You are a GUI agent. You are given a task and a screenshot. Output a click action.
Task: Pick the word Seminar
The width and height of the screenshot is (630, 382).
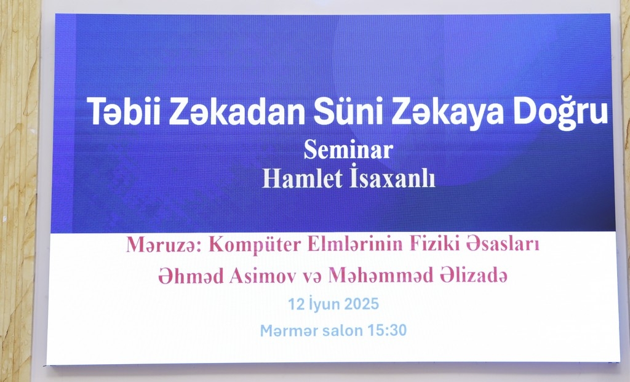[348, 149]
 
